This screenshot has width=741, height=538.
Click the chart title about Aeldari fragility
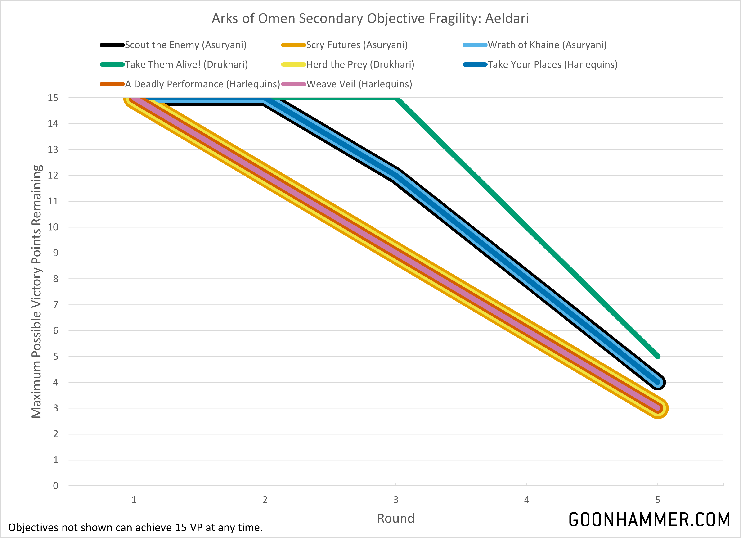(370, 18)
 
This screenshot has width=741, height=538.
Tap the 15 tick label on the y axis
(53, 98)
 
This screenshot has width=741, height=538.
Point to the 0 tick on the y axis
(56, 486)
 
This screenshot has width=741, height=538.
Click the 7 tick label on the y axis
(56, 305)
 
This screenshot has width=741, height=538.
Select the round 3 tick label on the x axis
(396, 500)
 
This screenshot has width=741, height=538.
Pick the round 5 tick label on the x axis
(657, 500)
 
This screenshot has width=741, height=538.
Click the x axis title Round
(396, 518)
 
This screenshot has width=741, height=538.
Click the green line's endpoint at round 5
(658, 356)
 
